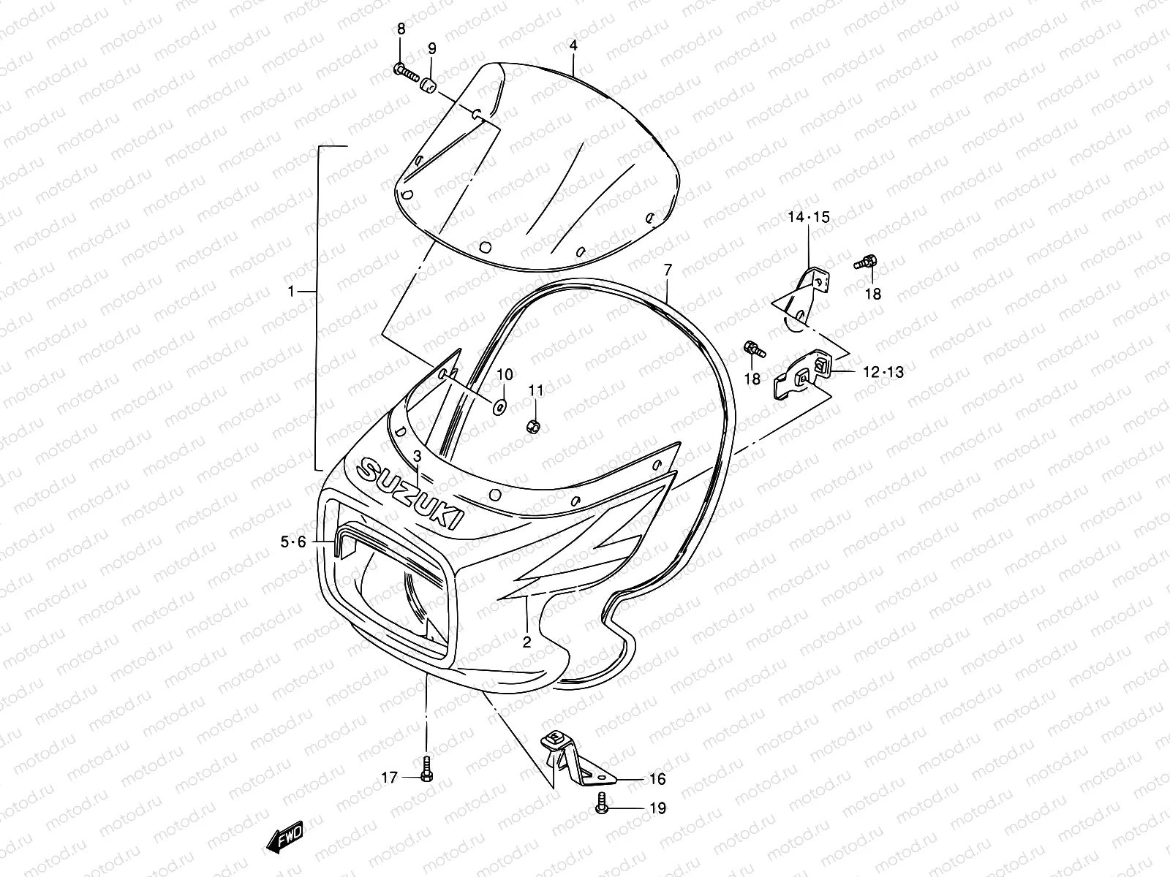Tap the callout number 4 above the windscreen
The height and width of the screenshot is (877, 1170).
(573, 45)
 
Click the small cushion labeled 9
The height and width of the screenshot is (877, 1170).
(430, 86)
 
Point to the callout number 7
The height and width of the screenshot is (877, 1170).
(667, 270)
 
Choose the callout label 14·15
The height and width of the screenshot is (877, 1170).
(809, 217)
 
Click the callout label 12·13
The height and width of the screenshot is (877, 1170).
(883, 373)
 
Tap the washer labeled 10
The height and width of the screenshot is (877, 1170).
(501, 406)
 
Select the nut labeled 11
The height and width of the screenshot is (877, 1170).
(535, 425)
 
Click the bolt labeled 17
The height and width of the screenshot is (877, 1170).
(428, 769)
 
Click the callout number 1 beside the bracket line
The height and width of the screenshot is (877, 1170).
(291, 291)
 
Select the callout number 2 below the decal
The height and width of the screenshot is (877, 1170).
(526, 642)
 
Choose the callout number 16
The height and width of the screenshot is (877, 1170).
(657, 779)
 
